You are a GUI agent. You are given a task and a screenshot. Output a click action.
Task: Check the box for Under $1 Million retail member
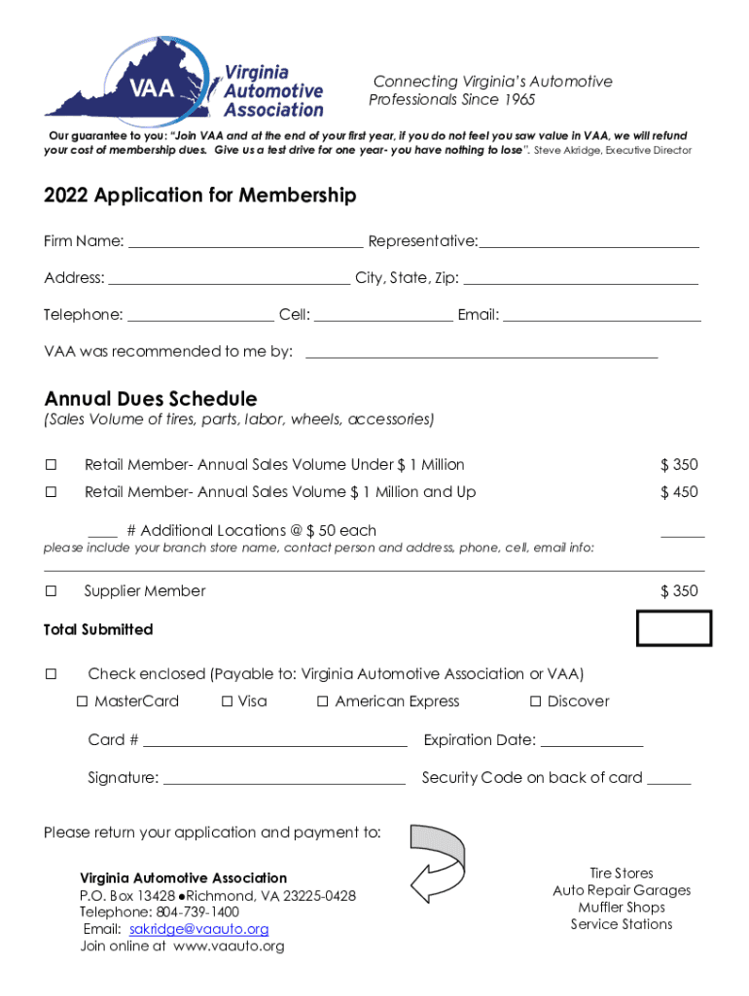click(51, 465)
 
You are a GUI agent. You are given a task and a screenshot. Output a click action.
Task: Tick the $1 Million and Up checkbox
click(51, 492)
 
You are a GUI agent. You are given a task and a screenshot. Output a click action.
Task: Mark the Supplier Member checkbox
click(51, 591)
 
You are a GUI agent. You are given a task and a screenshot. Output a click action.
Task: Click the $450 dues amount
click(679, 492)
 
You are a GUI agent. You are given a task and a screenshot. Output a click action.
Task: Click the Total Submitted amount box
click(674, 628)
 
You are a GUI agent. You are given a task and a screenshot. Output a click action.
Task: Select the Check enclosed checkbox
click(51, 674)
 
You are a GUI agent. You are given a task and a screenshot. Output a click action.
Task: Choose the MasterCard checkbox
click(83, 701)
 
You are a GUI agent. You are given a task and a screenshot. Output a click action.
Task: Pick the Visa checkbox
click(227, 701)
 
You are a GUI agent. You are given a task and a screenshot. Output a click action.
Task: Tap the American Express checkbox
click(323, 701)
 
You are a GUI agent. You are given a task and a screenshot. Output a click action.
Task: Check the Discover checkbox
click(535, 701)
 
